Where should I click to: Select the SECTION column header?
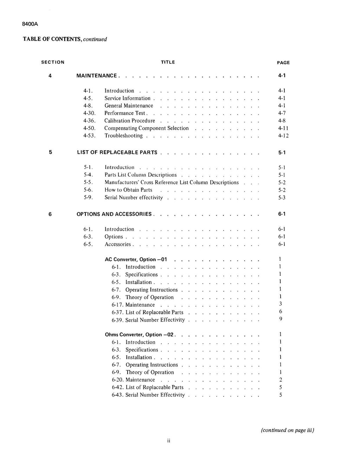[53, 62]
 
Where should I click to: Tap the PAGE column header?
[283, 63]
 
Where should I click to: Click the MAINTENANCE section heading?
[97, 76]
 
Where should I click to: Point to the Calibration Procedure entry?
[130, 121]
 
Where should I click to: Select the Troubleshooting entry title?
[123, 136]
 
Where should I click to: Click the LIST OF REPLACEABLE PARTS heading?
[117, 153]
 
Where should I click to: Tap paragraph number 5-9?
[88, 198]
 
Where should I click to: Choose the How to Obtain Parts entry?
[128, 190]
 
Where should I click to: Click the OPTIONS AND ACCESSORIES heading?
[114, 214]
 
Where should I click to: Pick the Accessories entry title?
[117, 244]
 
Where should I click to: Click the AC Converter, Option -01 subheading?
[136, 260]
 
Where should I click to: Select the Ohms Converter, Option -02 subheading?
[140, 335]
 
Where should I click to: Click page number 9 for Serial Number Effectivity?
[280, 319]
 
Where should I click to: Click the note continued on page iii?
[287, 430]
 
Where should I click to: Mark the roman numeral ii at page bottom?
[169, 441]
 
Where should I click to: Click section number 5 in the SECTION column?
[50, 153]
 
